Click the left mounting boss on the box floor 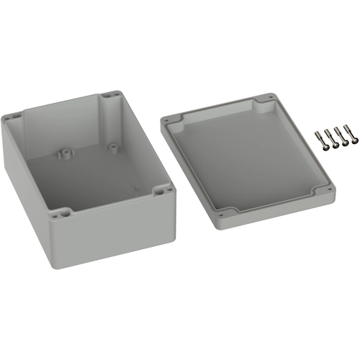click(x=65, y=153)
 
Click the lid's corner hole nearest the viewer click(x=221, y=212)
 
